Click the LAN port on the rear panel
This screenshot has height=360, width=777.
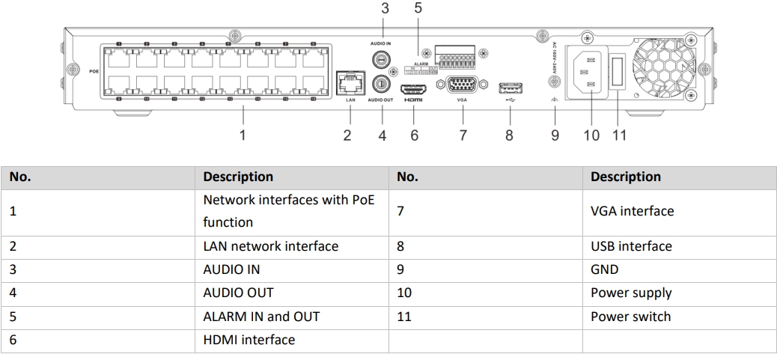(x=349, y=82)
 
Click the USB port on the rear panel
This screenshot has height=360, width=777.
(x=510, y=87)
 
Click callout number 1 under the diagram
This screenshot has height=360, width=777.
(x=242, y=135)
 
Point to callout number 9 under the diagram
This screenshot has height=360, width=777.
(x=555, y=135)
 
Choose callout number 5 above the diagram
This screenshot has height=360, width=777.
(x=418, y=9)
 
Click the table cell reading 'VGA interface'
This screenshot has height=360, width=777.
(x=632, y=211)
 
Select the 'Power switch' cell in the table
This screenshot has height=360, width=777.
(x=630, y=316)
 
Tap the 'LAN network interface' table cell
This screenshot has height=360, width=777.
(x=270, y=246)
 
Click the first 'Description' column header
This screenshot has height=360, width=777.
(x=238, y=177)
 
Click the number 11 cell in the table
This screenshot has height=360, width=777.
(x=404, y=316)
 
